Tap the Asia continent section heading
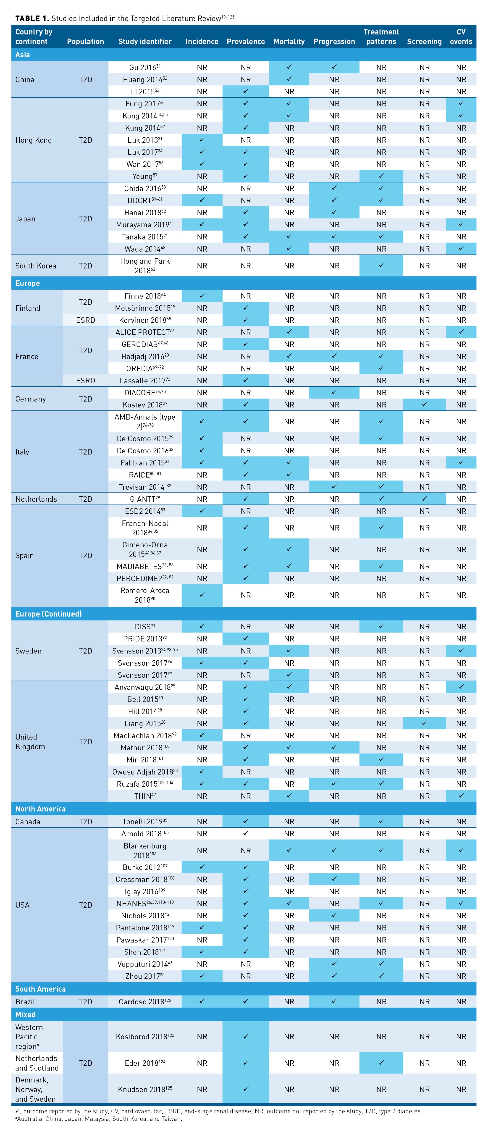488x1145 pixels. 23,55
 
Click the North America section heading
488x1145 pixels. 40,809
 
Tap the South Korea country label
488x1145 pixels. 36,266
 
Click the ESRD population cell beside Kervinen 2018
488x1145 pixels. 85,320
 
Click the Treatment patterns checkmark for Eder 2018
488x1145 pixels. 381,1063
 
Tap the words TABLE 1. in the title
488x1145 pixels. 32,18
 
